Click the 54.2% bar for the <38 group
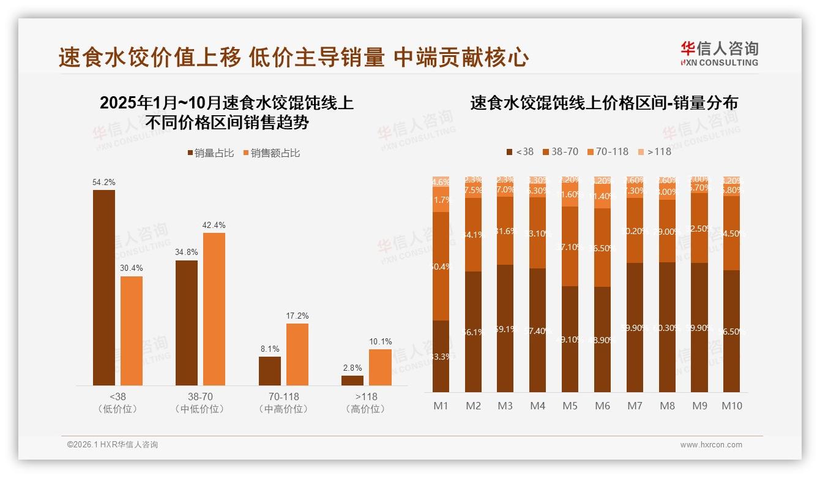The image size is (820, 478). pyautogui.click(x=104, y=287)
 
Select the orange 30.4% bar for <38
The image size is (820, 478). pyautogui.click(x=132, y=331)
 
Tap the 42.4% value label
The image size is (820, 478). pyautogui.click(x=214, y=226)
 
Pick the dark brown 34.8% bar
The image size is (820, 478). pyautogui.click(x=187, y=323)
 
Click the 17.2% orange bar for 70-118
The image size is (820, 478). pyautogui.click(x=297, y=354)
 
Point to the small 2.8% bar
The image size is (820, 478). pyautogui.click(x=352, y=381)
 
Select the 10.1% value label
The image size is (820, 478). pyautogui.click(x=380, y=342)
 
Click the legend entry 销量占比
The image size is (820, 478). pyautogui.click(x=211, y=153)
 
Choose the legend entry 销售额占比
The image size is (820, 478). pyautogui.click(x=272, y=153)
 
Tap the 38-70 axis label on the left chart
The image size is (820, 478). pyautogui.click(x=200, y=397)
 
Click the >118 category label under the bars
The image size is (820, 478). pyautogui.click(x=366, y=397)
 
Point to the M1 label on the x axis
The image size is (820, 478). pyautogui.click(x=441, y=406)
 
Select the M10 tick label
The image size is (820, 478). pyautogui.click(x=731, y=406)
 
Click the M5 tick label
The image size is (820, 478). pyautogui.click(x=570, y=406)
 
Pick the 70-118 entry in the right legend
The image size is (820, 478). pyautogui.click(x=608, y=151)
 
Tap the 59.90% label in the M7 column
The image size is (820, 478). pyautogui.click(x=634, y=328)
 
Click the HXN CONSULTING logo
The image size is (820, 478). pyautogui.click(x=719, y=53)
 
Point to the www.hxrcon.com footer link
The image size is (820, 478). pyautogui.click(x=711, y=445)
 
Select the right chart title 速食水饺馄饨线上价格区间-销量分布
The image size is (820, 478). pyautogui.click(x=603, y=103)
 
